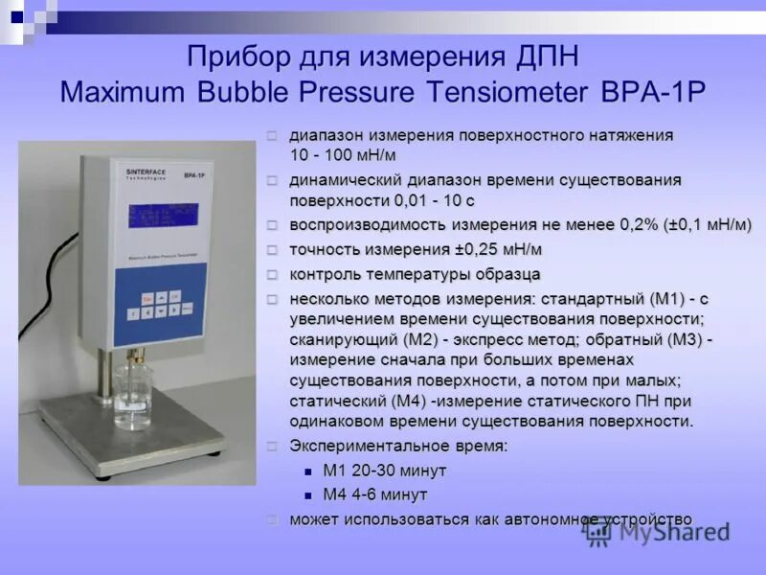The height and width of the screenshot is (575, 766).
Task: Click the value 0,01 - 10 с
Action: [435, 200]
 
